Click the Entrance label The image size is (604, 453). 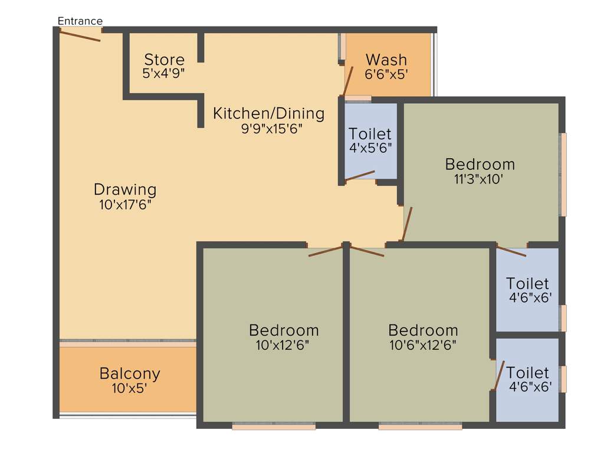click(80, 21)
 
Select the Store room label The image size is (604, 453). click(165, 60)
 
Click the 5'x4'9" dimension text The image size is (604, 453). click(165, 73)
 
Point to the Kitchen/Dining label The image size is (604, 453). click(269, 113)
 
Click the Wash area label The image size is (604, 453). click(386, 60)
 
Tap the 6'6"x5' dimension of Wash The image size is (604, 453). click(386, 74)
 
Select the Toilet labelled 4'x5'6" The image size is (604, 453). click(370, 133)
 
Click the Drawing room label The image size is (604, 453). click(125, 190)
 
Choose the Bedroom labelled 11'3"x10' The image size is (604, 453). click(480, 164)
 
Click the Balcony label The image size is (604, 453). click(130, 373)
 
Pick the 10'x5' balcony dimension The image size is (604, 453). click(130, 388)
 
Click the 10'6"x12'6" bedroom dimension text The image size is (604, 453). click(423, 344)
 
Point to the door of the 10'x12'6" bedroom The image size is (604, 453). click(326, 251)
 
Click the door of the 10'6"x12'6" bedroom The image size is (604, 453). click(367, 251)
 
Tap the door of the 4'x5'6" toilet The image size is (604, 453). click(360, 176)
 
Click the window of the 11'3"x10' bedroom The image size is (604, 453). click(563, 174)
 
